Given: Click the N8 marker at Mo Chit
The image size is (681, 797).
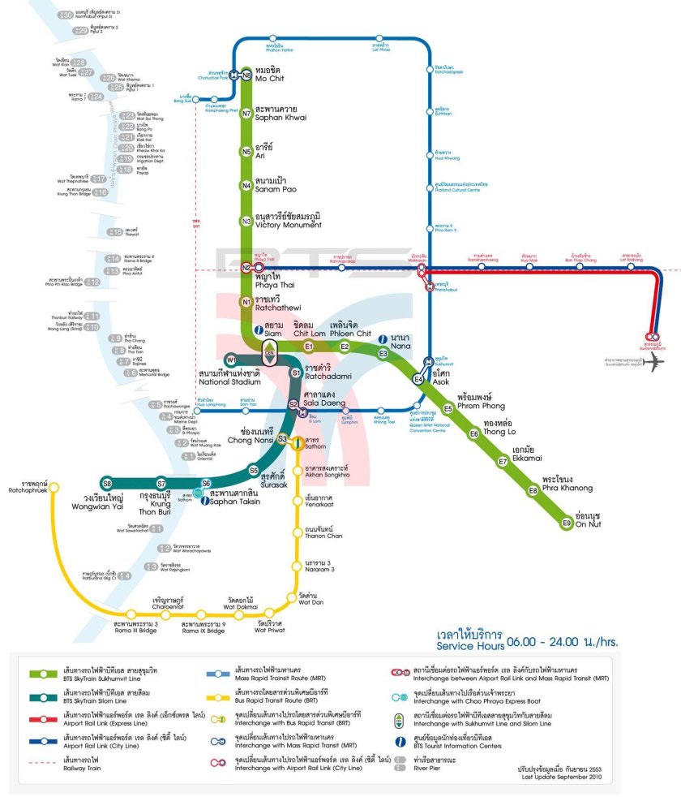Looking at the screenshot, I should point(246,75).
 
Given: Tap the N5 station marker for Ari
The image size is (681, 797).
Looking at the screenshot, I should point(246,151).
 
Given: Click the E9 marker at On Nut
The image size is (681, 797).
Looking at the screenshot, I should point(567,523).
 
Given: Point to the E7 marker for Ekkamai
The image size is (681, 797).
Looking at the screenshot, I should point(503,462).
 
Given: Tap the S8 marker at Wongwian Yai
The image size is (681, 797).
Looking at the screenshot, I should point(106,484).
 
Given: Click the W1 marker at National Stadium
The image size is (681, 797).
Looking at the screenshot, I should point(231,360).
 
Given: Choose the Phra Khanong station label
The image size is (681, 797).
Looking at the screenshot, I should point(567,484).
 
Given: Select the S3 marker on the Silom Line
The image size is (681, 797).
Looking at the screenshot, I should point(282,439).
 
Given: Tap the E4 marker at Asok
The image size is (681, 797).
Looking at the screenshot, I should point(418,379).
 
